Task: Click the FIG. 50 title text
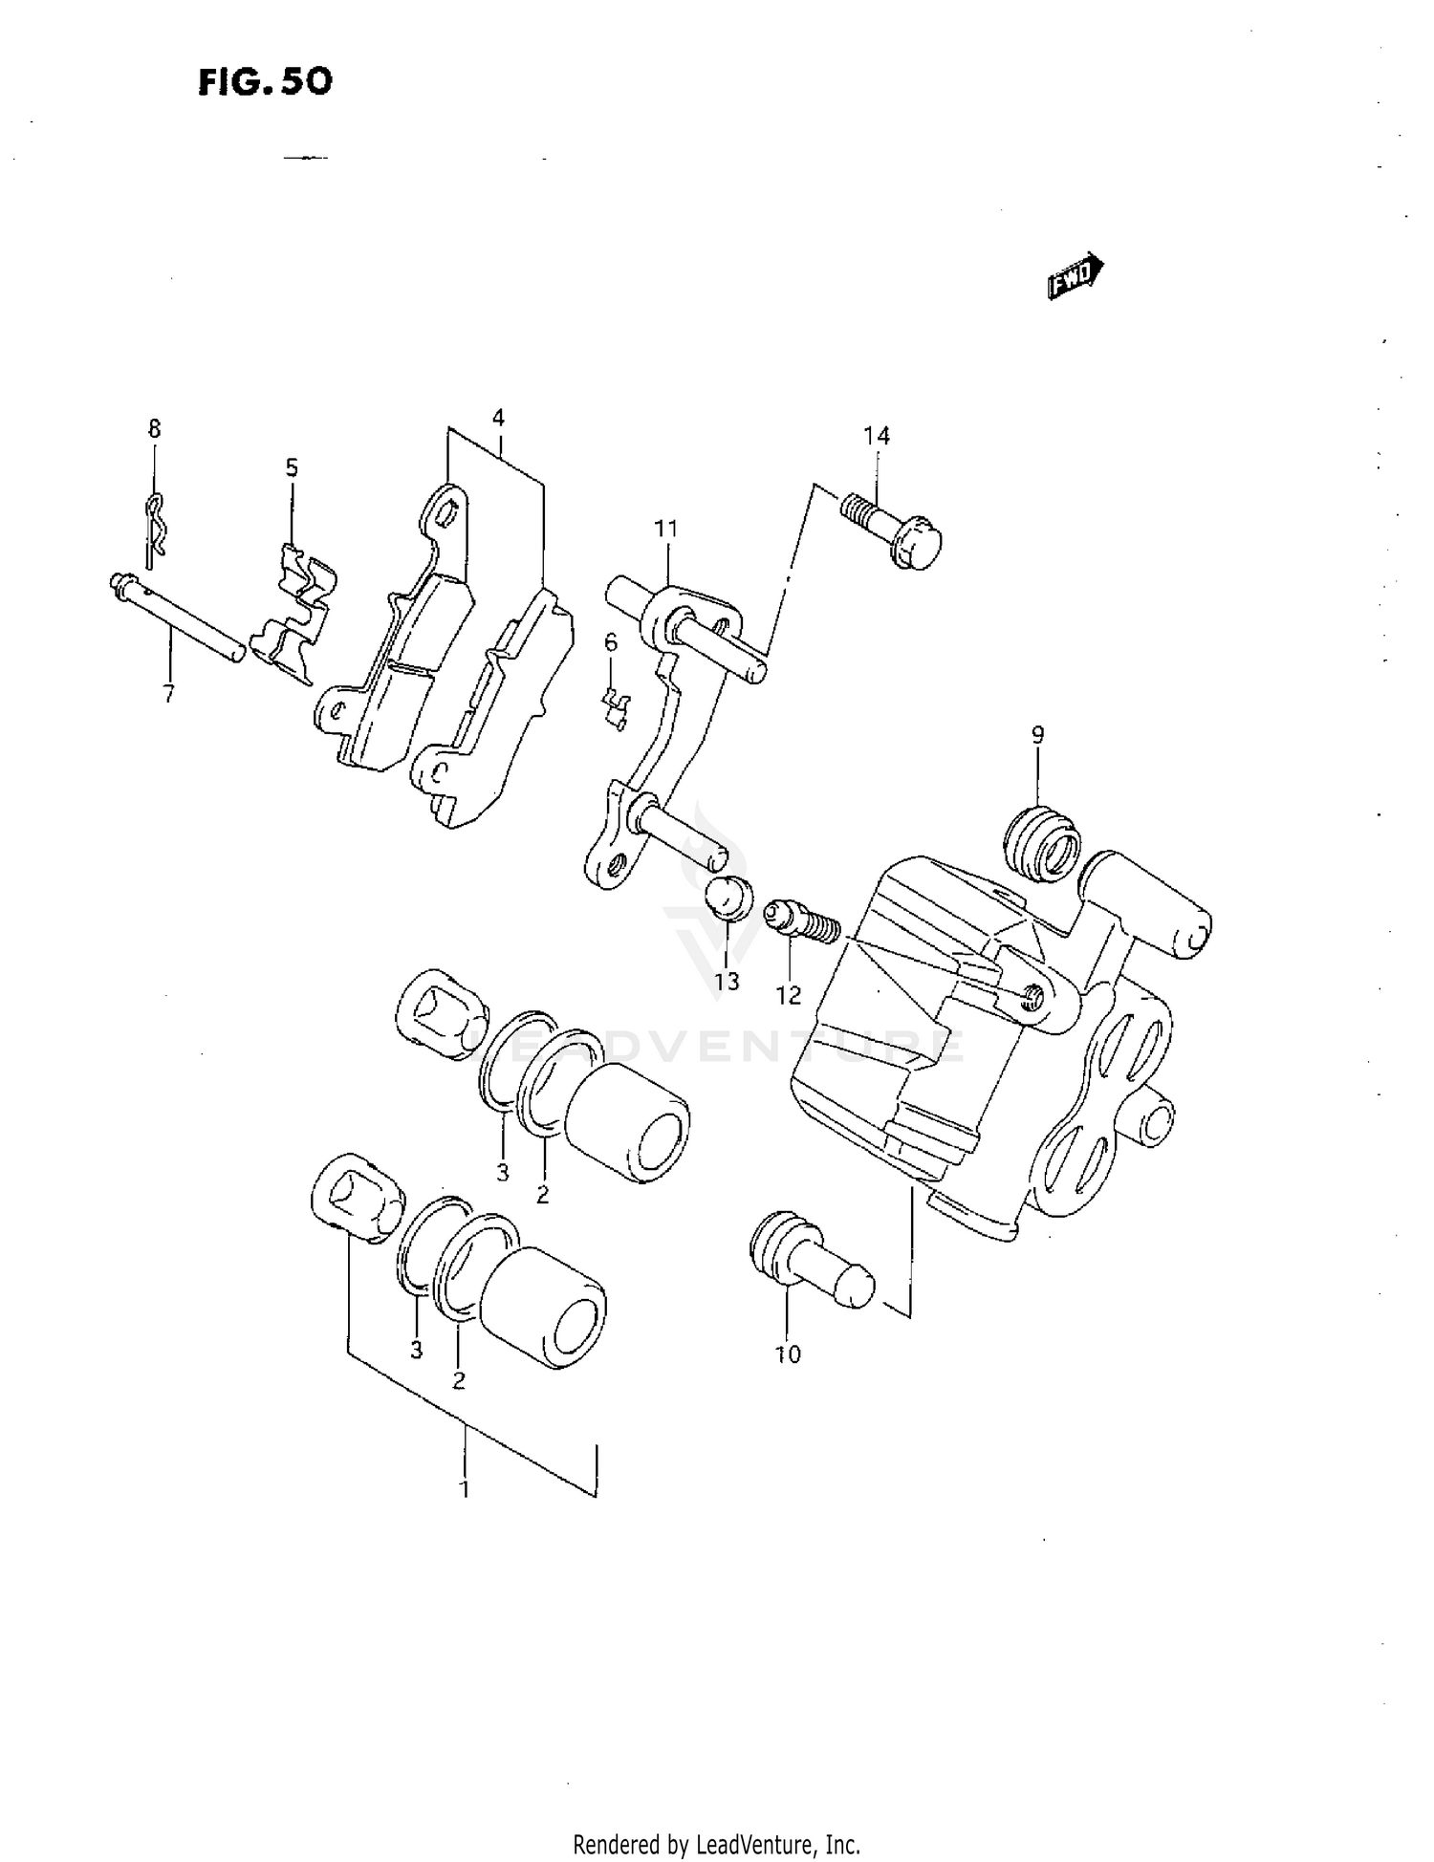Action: [265, 82]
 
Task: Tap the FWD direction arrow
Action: [1075, 277]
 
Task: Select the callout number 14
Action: [876, 436]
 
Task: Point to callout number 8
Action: [154, 429]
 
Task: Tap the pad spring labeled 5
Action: [295, 615]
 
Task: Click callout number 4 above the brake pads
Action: [498, 418]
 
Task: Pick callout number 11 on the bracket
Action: [665, 529]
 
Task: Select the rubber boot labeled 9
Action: [1042, 842]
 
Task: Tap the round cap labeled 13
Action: [728, 896]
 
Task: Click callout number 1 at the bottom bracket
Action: [465, 1488]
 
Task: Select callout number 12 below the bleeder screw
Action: [788, 995]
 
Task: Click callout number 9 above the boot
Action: [1037, 735]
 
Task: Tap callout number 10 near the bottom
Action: [788, 1353]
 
